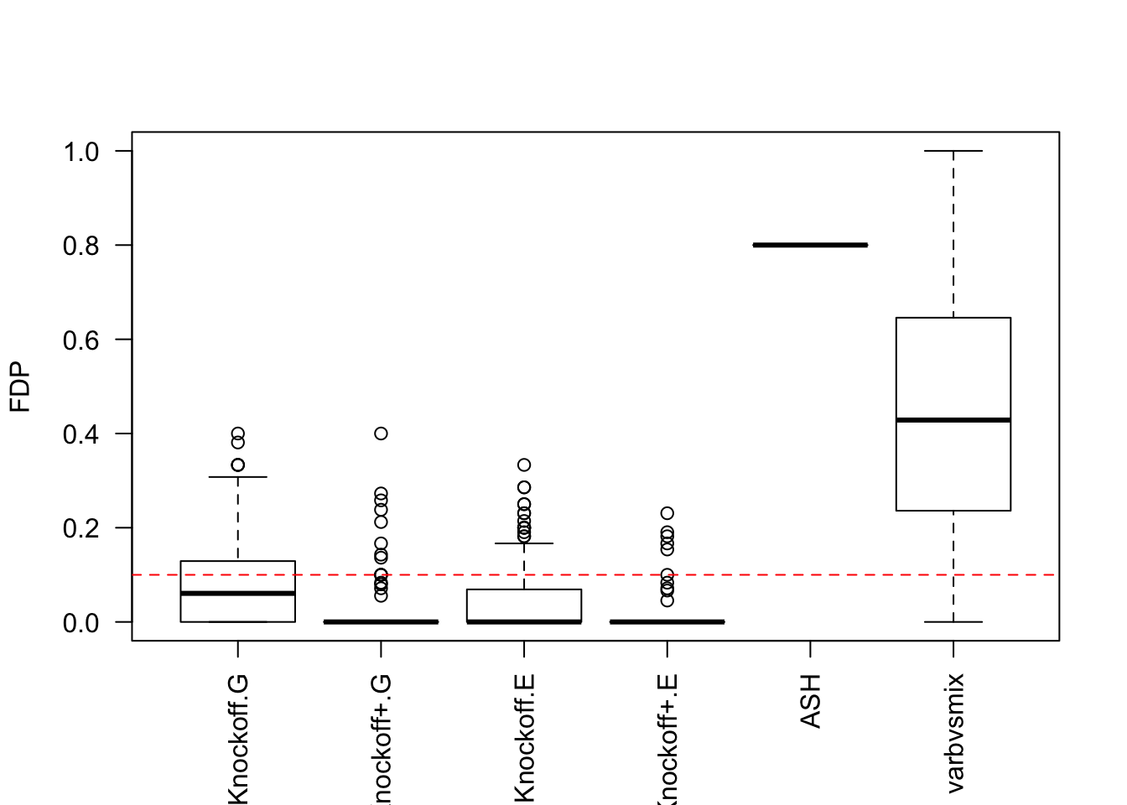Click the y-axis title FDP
click(20, 387)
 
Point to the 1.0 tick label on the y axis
click(81, 152)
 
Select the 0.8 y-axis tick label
click(81, 246)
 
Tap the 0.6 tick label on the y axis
click(81, 340)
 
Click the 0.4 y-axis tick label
click(81, 434)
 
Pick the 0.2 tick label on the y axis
click(81, 528)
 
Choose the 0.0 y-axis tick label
click(81, 623)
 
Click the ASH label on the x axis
click(810, 700)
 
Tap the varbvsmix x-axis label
click(954, 732)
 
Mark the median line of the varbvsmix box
click(953, 419)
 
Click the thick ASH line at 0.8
click(810, 245)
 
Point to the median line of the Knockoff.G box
click(238, 593)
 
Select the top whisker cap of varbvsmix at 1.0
click(953, 151)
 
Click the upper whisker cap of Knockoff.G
click(238, 477)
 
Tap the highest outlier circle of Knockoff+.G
click(381, 434)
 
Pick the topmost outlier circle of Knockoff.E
click(524, 465)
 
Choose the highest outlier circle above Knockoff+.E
click(667, 513)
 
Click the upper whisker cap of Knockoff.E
click(524, 543)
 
